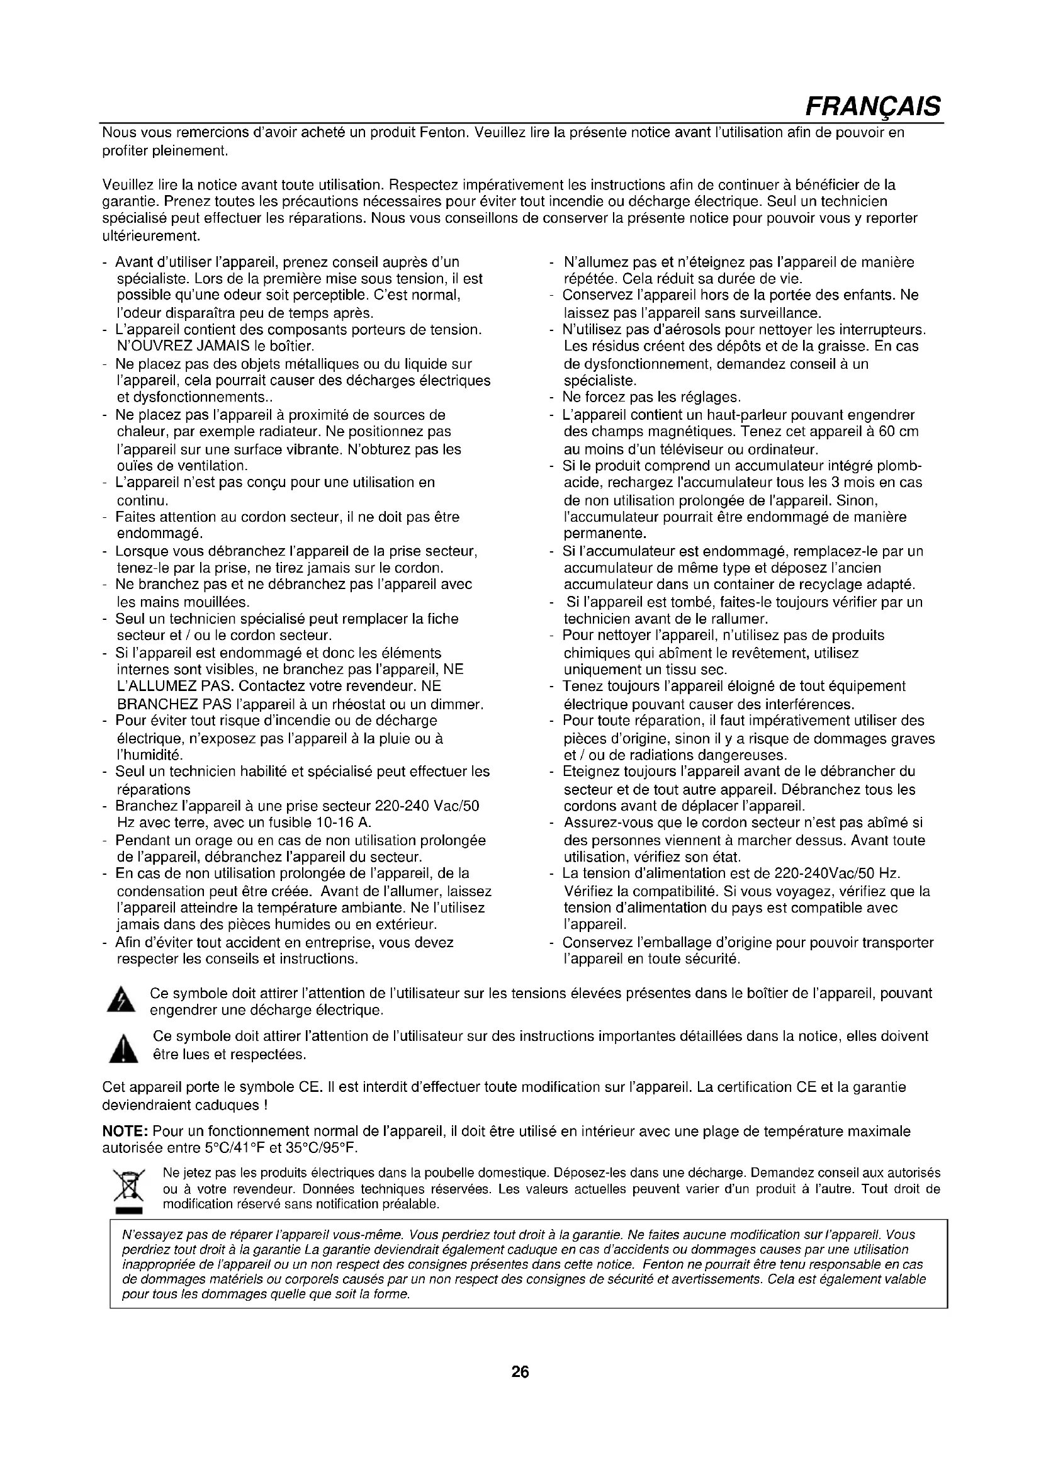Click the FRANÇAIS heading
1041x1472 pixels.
pos(873,105)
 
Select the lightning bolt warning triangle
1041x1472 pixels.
pos(121,1001)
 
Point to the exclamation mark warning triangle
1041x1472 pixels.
pos(121,1049)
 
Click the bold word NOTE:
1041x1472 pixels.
pos(126,1132)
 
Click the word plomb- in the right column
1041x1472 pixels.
pos(899,466)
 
